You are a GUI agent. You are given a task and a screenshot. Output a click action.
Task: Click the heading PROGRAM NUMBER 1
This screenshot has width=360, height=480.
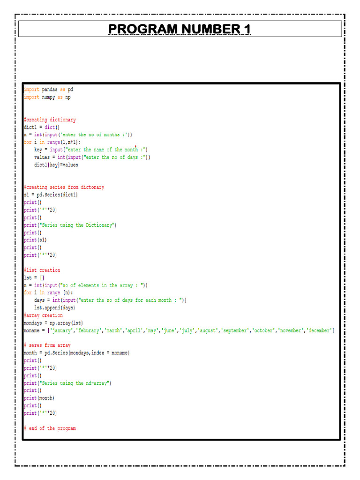click(x=180, y=30)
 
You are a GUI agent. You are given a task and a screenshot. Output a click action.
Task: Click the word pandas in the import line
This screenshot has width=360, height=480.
click(x=50, y=89)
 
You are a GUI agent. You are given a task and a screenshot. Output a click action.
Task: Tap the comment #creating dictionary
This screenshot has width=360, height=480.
click(x=50, y=120)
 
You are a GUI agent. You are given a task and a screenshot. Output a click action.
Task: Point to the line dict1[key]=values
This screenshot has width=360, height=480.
click(x=56, y=165)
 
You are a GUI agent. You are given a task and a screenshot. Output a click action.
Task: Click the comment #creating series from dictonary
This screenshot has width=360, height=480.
click(x=64, y=187)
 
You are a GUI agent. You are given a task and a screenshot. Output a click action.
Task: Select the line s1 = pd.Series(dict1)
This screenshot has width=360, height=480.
click(x=51, y=195)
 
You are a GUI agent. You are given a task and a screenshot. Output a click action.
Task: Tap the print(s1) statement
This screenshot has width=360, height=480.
click(x=35, y=240)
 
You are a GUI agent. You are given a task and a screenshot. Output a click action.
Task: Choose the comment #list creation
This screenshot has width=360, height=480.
click(x=42, y=270)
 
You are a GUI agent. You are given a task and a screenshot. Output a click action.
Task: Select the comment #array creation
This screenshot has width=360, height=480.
click(x=43, y=315)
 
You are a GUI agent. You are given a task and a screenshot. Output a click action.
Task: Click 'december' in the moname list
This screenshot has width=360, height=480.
click(x=319, y=330)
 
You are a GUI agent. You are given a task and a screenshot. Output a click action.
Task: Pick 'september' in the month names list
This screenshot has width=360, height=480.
click(x=235, y=330)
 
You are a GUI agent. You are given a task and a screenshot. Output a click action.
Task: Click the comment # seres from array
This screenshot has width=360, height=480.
click(x=47, y=345)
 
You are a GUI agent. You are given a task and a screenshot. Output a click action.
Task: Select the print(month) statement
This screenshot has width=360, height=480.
click(x=39, y=398)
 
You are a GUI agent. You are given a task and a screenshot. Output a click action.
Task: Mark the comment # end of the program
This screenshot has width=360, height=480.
click(x=50, y=428)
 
